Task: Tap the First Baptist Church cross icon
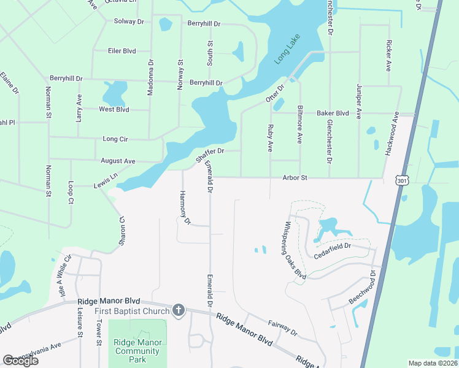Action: pos(179,310)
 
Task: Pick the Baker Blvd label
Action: pos(333,113)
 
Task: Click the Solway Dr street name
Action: pos(129,21)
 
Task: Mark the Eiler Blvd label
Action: pos(121,51)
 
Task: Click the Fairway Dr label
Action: pos(282,328)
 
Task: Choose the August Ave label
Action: pos(118,161)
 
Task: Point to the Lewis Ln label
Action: pos(105,182)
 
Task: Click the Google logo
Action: pos(20,361)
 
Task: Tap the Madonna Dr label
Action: pos(150,77)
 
